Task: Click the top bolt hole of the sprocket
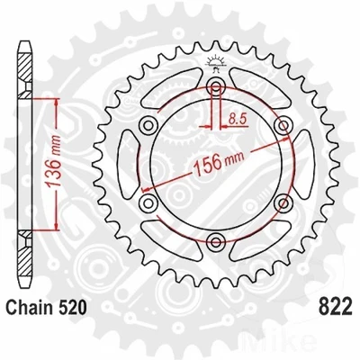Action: pyautogui.click(x=216, y=87)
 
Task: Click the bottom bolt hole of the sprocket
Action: pyautogui.click(x=216, y=239)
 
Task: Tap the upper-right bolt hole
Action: pyautogui.click(x=283, y=125)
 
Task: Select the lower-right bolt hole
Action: pyautogui.click(x=283, y=202)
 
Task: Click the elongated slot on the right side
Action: pyautogui.click(x=305, y=163)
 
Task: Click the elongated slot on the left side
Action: pyautogui.click(x=127, y=163)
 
